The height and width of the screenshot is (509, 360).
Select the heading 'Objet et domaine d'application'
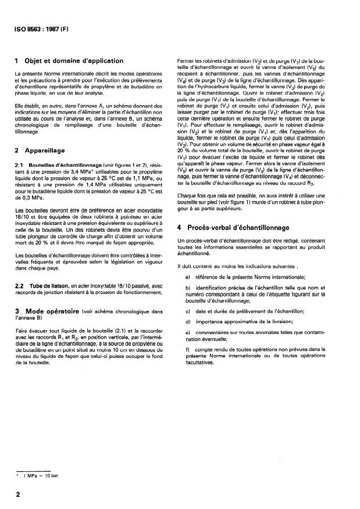point(75,60)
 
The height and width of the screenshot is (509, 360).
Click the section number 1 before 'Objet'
point(18,60)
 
